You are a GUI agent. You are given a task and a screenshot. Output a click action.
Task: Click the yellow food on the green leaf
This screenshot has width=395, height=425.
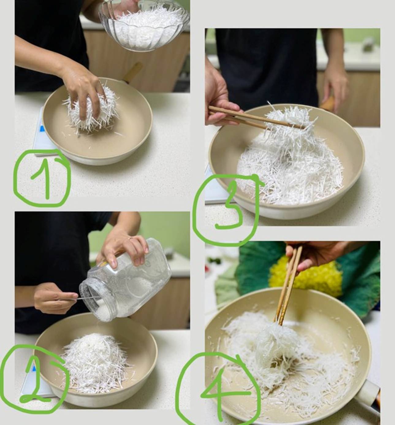(x=306, y=278)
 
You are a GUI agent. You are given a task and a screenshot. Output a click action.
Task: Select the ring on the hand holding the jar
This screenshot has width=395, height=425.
(x=130, y=239)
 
